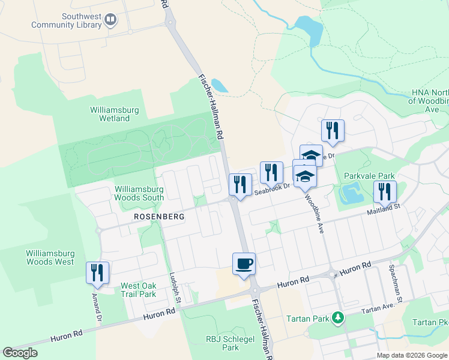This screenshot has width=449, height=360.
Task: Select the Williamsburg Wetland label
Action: tap(115, 114)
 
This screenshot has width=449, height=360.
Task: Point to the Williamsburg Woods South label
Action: tap(139, 193)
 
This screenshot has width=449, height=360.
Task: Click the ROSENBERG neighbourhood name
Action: tap(158, 215)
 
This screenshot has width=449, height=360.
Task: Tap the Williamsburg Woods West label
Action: tap(50, 257)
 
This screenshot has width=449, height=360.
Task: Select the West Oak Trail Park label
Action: tap(139, 290)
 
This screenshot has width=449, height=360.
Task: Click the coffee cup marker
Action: tap(244, 264)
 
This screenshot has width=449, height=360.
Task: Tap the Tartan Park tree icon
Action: tap(339, 317)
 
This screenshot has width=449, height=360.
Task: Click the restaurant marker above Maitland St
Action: tap(384, 192)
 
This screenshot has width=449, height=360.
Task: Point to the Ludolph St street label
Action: tap(175, 286)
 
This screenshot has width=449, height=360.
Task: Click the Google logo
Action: tap(20, 353)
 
